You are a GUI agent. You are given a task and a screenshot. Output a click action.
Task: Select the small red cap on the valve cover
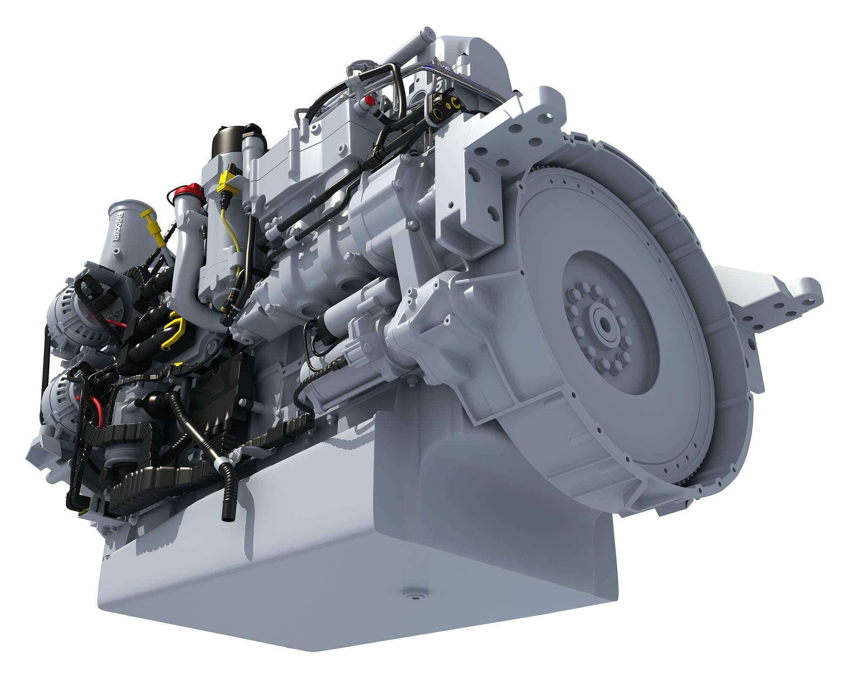coord(370,101)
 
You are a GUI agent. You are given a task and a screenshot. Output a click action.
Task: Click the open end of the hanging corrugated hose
coord(227,516)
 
